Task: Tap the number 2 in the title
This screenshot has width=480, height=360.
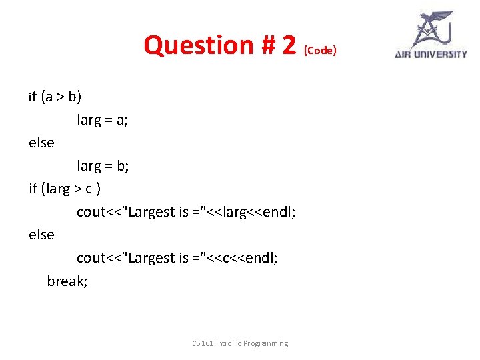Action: [288, 45]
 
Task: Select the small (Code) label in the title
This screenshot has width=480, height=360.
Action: [321, 51]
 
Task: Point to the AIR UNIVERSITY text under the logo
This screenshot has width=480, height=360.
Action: [431, 54]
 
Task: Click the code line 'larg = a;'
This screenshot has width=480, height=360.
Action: [103, 120]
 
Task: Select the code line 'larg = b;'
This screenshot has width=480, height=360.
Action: [103, 166]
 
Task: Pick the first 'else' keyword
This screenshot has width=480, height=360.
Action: [41, 143]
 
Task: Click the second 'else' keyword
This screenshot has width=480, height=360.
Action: [41, 235]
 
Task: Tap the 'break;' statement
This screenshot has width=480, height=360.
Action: [67, 281]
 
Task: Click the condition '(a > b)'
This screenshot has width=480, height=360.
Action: [61, 97]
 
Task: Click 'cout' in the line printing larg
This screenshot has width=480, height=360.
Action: [91, 212]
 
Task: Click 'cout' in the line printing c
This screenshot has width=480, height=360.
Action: [91, 258]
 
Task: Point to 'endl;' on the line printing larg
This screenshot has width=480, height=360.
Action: [280, 212]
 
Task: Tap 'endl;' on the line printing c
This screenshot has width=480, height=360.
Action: [262, 258]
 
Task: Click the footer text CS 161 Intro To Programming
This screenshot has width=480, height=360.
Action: [240, 343]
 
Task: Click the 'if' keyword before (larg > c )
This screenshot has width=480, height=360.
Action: [33, 189]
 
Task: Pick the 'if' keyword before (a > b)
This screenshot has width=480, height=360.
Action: [33, 97]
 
